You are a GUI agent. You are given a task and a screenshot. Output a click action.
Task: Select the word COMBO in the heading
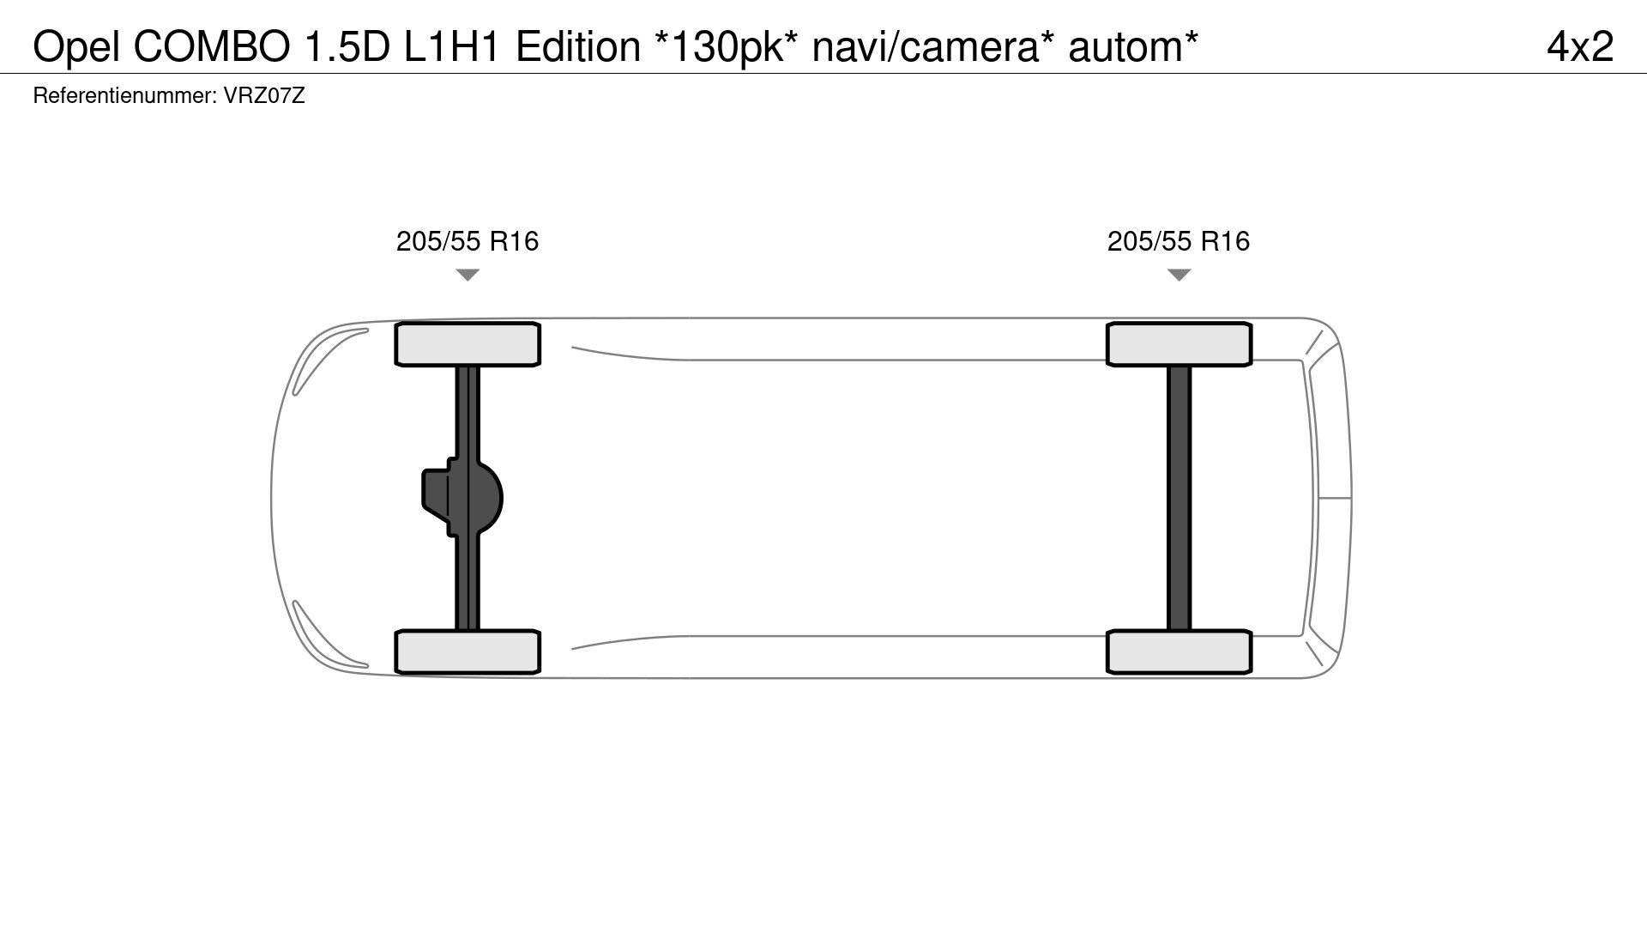coord(212,46)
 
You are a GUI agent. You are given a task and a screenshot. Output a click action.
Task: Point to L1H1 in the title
coord(451,46)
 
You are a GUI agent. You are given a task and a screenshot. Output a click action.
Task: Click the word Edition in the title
coord(578,46)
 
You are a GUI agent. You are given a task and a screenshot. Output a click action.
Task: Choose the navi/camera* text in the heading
coord(933,46)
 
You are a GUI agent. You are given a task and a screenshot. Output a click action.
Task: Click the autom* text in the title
coord(1133,46)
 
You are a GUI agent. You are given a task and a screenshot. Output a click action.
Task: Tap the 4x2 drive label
coord(1580,46)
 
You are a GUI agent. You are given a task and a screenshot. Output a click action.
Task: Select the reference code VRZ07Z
coord(264,95)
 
